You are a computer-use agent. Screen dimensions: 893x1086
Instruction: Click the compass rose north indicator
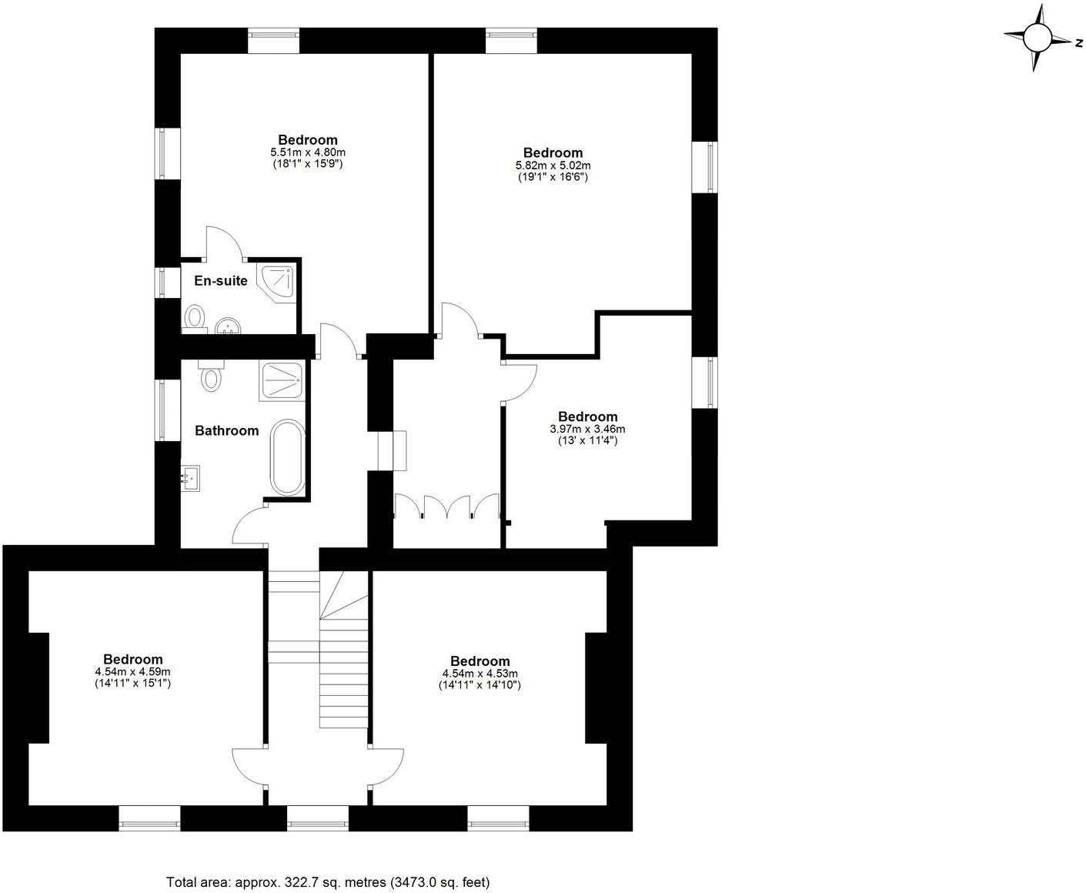(1078, 43)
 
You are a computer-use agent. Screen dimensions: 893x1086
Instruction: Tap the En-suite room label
(220, 281)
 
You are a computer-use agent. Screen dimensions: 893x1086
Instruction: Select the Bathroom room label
(226, 430)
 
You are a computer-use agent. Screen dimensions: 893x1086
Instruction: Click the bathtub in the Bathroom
(287, 457)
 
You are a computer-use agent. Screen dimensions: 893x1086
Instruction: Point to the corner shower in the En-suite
(278, 283)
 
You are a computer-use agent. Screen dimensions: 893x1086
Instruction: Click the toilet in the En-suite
(195, 318)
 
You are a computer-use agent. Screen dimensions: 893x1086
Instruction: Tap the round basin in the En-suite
(228, 326)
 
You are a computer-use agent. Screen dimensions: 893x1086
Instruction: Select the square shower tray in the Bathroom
(282, 380)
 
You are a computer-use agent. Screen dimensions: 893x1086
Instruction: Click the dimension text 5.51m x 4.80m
(307, 152)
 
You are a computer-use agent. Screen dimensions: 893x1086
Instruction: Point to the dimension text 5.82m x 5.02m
(553, 166)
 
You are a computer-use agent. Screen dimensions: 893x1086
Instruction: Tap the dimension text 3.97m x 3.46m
(587, 429)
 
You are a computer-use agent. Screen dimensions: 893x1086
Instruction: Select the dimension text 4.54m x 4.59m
(132, 671)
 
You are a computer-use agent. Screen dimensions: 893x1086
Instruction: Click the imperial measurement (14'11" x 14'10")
(480, 684)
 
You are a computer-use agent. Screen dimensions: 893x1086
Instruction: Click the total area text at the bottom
(328, 882)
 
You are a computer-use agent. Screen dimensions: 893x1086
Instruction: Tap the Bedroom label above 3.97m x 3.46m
(587, 416)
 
